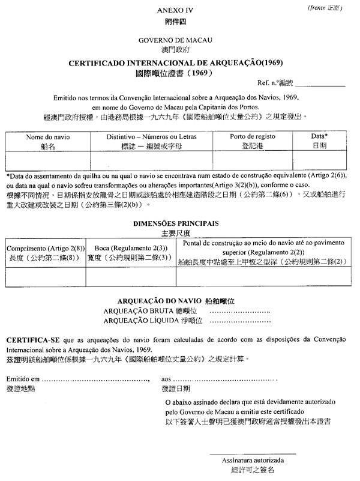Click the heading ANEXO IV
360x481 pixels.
tap(176, 11)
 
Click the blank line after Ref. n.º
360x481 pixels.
tap(324, 86)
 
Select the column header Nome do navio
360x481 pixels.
tap(48, 137)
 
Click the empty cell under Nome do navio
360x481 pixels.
tap(48, 161)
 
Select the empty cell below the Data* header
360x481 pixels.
tap(319, 161)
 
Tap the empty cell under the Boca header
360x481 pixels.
tap(130, 277)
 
